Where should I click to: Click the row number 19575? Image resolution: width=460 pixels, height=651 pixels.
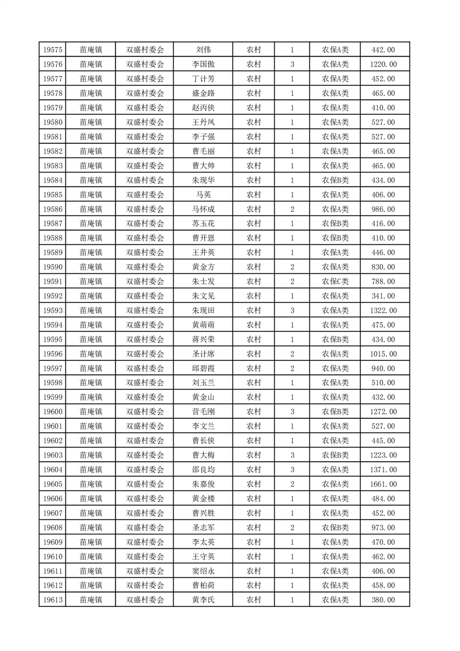point(53,50)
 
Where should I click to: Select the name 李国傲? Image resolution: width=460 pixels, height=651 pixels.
point(203,64)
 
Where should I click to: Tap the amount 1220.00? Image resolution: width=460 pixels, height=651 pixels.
point(383,64)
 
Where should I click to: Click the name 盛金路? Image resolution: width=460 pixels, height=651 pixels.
point(203,93)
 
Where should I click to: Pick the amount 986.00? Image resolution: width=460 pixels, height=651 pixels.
point(383,209)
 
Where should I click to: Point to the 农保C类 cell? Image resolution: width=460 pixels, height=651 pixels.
point(335,281)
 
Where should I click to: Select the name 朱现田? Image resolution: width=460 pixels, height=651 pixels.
point(203,310)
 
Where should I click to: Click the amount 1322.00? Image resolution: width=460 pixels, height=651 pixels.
point(383,310)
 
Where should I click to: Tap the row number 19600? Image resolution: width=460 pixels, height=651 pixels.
point(53,411)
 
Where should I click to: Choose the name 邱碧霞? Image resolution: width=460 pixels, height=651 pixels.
point(203,368)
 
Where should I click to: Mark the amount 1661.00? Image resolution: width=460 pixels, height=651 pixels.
point(383,484)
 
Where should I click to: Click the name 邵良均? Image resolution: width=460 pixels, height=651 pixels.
point(203,469)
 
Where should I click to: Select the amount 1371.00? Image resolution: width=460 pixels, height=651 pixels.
point(383,469)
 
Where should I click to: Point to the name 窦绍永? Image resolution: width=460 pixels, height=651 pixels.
point(203,571)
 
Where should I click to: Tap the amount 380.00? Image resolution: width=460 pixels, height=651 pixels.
point(383,600)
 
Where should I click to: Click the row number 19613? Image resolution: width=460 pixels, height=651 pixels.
point(53,600)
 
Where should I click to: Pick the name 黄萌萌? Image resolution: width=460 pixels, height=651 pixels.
point(203,325)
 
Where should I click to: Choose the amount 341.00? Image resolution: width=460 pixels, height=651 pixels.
point(383,296)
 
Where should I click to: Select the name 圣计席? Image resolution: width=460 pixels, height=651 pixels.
point(203,354)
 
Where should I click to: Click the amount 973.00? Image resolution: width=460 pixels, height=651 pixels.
point(383,527)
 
